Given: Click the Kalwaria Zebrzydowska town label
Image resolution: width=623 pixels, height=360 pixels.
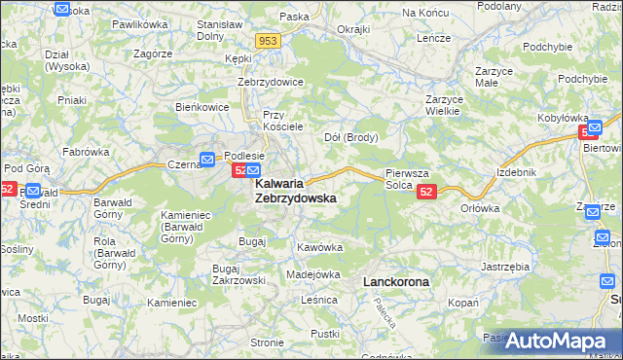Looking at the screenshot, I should pos(295,190).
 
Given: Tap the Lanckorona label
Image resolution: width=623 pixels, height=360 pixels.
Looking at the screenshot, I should pos(395,281).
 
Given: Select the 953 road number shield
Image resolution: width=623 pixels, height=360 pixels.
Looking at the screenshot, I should pos(270,41).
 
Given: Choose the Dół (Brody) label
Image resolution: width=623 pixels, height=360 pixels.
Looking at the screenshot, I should pos(350,136).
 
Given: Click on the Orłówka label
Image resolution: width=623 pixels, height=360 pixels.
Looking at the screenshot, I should pos(480,207).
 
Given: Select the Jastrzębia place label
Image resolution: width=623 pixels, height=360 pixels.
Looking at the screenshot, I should pos(505,265).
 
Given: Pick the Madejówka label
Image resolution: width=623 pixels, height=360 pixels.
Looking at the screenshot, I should pos(312,274).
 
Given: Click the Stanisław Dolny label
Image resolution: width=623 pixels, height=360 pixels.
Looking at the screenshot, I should pos(220,28).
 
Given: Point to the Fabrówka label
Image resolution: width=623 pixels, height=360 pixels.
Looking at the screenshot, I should pos(86,152).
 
